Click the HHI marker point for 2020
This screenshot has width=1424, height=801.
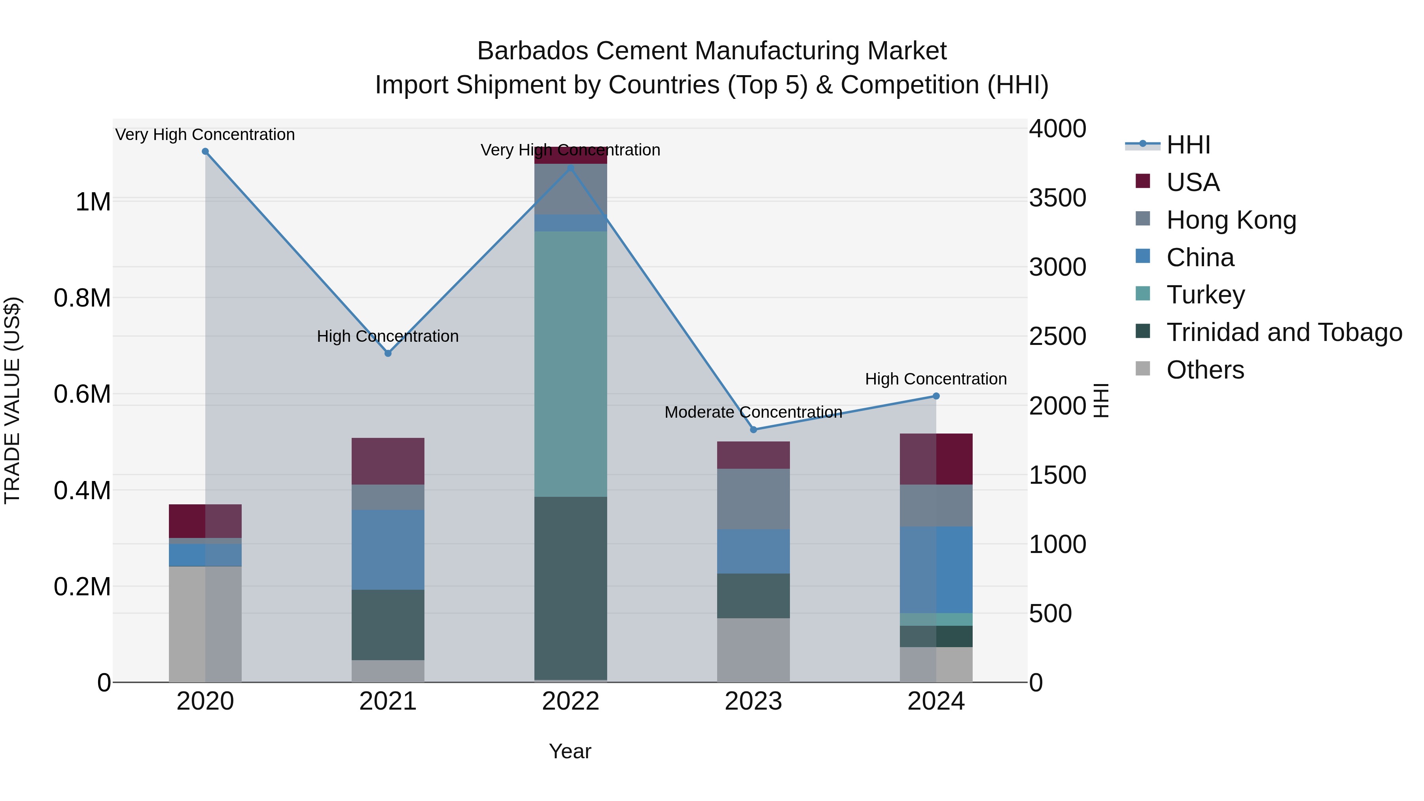(205, 151)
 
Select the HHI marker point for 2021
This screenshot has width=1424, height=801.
(388, 353)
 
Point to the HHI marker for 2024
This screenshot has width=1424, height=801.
(936, 396)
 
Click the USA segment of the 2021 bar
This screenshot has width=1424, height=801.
(388, 461)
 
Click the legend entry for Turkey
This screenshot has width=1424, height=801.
(1205, 295)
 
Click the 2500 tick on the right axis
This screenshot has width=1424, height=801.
(1057, 336)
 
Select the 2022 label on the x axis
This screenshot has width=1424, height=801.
(570, 701)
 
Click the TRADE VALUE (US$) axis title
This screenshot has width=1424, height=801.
(12, 400)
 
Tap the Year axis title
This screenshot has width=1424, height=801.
(570, 751)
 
